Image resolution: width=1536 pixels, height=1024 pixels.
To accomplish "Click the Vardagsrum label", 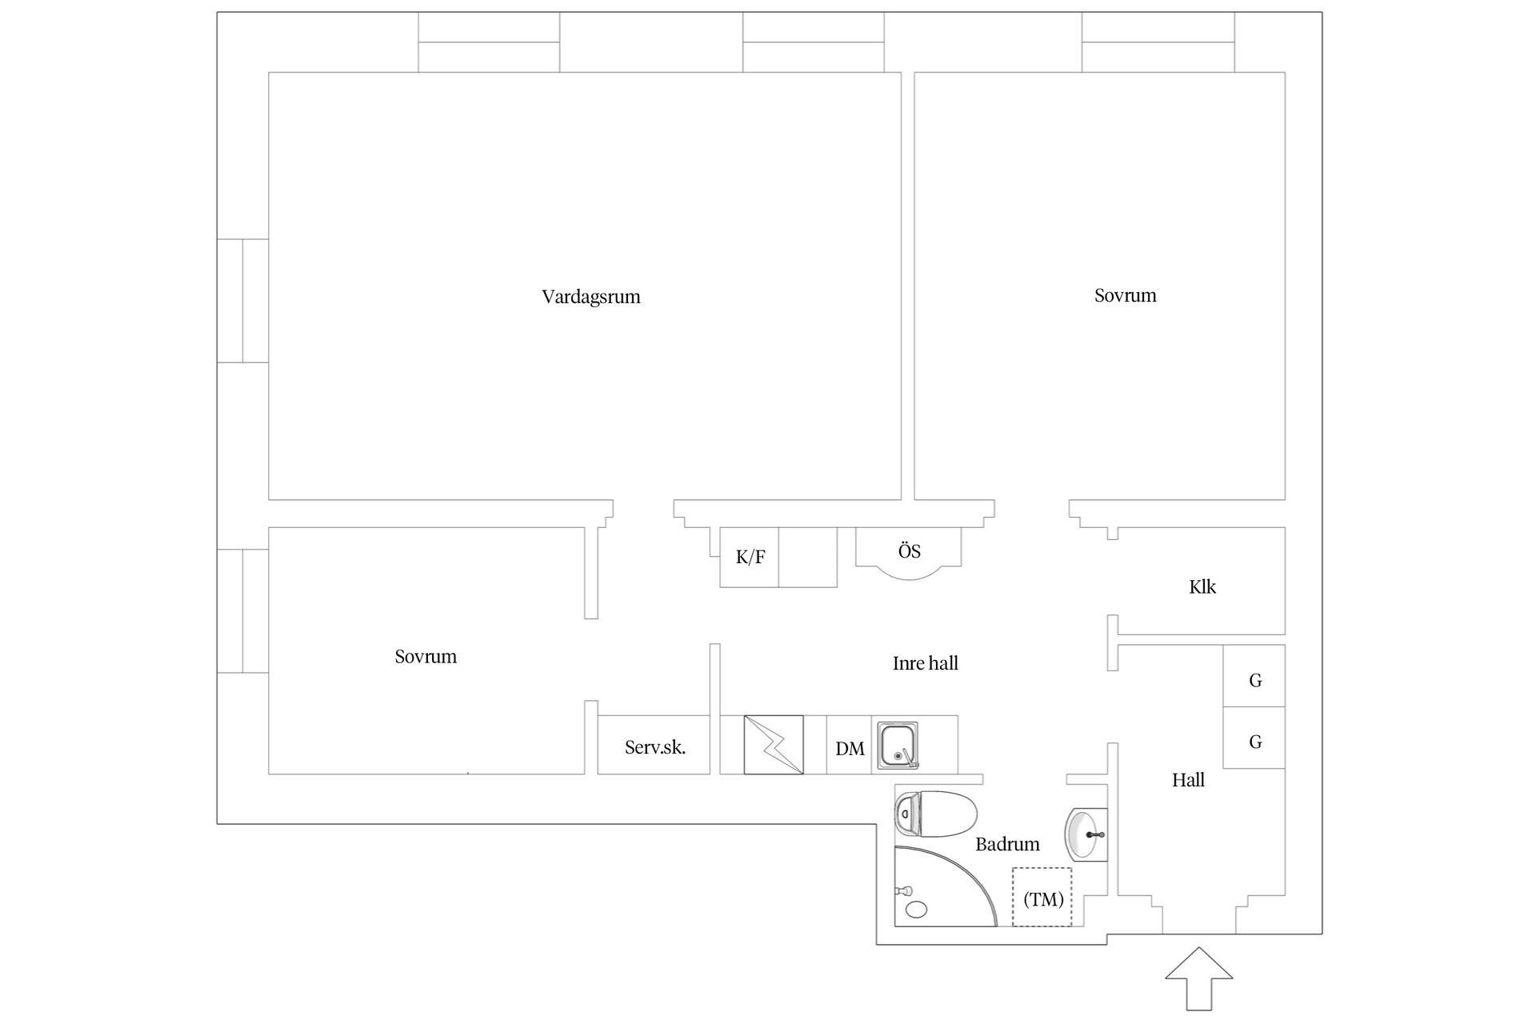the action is point(591,297).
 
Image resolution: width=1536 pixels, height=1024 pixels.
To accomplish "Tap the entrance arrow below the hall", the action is point(1198,978).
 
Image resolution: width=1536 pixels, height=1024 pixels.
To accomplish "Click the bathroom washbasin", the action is point(1086,834).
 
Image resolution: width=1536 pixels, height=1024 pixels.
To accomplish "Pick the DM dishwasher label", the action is point(850,749).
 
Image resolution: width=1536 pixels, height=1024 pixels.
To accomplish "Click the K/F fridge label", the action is point(750,557).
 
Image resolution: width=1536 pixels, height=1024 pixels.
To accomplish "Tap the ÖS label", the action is point(909,550).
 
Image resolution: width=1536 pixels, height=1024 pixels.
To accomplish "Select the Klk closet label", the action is point(1202,587).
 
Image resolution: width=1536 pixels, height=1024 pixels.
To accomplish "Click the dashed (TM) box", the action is point(1042,897).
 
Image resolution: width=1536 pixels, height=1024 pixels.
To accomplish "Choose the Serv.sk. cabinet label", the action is point(655,748).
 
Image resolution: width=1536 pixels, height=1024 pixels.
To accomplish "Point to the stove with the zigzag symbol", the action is point(774,745).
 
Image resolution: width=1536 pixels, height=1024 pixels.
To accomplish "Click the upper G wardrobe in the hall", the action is point(1254,676).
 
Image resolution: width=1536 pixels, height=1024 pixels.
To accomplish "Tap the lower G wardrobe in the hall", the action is point(1254,738).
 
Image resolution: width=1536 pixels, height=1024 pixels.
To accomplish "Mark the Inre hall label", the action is point(926,663).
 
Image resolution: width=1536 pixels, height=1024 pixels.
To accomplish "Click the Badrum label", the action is point(1007,844).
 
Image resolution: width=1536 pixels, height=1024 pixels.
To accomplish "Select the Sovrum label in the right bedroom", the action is point(1126,296).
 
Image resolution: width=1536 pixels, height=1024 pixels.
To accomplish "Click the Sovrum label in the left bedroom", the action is point(426,657).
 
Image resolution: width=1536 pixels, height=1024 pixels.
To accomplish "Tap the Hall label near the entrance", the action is point(1188,780).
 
